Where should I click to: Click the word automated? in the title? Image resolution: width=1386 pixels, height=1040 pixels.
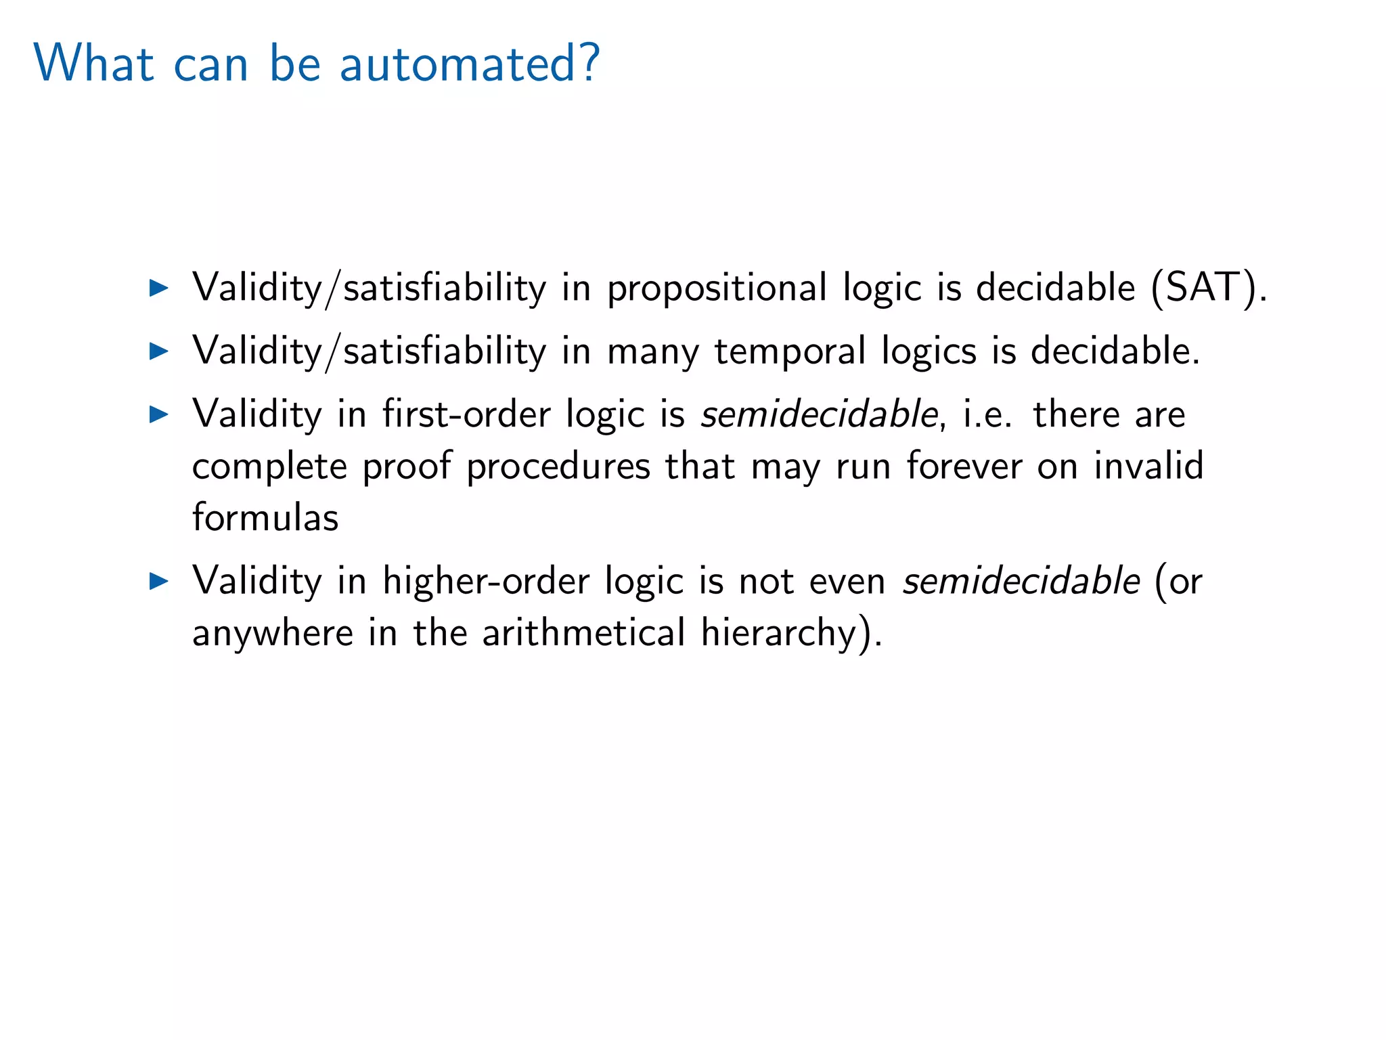click(469, 64)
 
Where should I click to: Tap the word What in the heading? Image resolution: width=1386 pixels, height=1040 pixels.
click(94, 64)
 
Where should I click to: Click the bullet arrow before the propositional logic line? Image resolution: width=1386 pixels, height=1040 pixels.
click(158, 288)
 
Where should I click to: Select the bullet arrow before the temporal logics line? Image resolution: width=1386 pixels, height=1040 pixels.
click(158, 351)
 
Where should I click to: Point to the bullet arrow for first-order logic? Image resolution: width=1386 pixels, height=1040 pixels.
click(158, 414)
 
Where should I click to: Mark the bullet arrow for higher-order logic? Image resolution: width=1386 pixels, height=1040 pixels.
click(158, 580)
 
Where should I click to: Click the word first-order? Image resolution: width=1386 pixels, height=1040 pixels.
click(466, 414)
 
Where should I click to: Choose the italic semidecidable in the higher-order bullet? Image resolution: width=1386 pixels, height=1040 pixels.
click(1021, 580)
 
